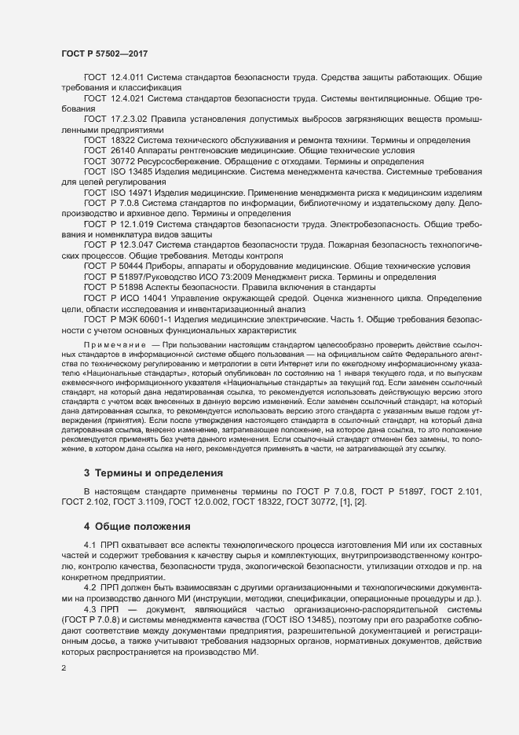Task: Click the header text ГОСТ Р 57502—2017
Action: click(x=104, y=53)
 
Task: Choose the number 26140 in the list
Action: click(x=125, y=149)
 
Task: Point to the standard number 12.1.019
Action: click(x=133, y=223)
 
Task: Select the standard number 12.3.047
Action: click(x=133, y=245)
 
